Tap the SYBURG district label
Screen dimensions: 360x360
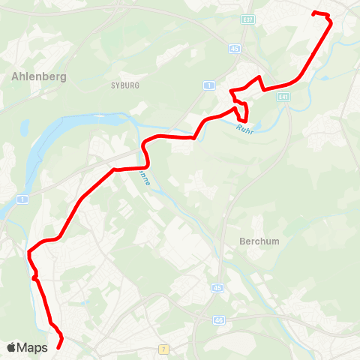click(x=124, y=85)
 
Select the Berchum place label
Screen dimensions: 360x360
click(x=259, y=241)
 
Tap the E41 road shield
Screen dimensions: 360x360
click(x=283, y=96)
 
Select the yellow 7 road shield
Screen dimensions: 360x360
click(x=163, y=349)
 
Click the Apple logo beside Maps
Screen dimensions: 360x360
click(x=11, y=347)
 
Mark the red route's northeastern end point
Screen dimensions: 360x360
click(x=314, y=13)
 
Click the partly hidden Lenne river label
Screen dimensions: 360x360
click(x=143, y=178)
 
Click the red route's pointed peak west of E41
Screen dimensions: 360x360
click(x=259, y=77)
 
